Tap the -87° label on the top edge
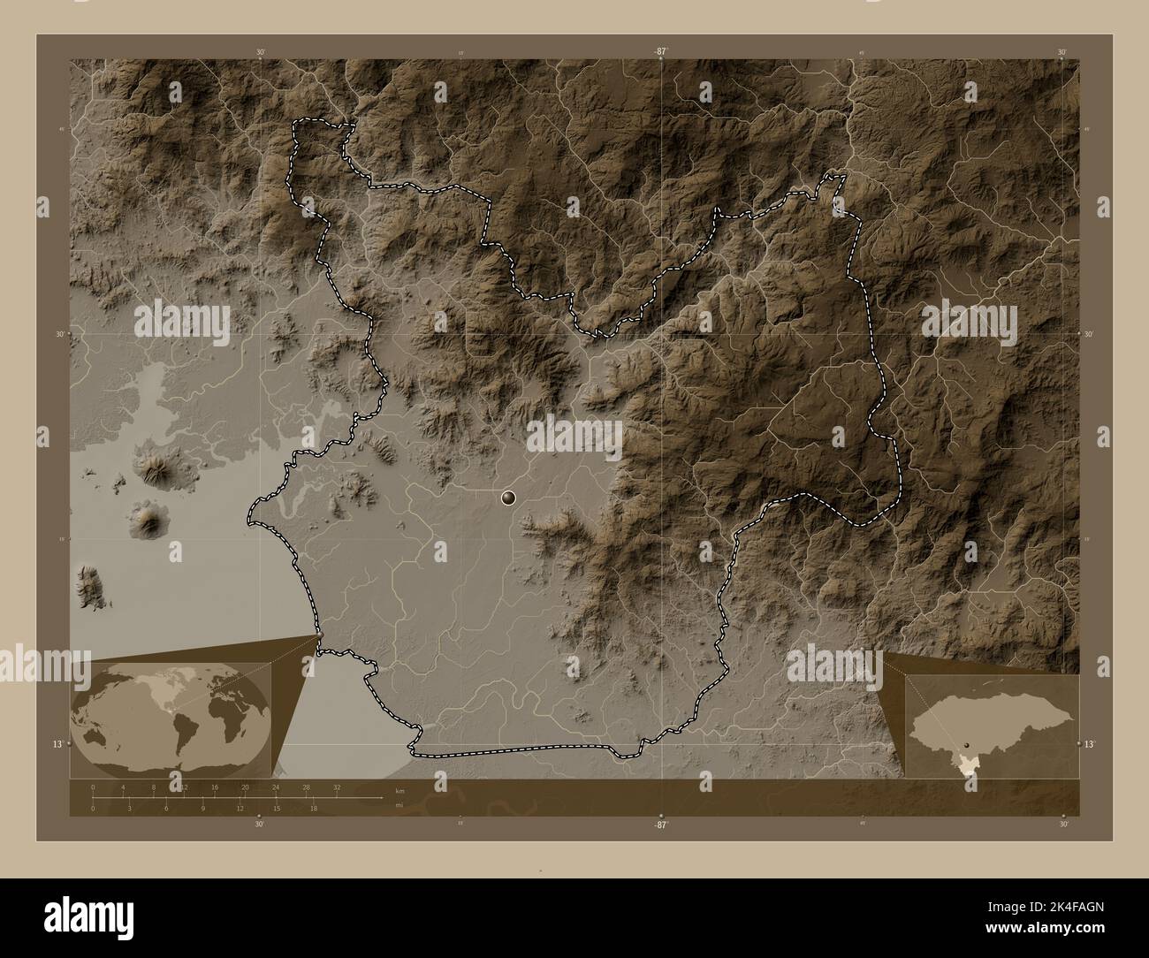[659, 52]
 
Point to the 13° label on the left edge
[57, 745]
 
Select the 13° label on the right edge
[1089, 745]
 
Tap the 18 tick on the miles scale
[313, 808]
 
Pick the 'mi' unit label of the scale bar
[399, 804]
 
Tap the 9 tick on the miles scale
[202, 808]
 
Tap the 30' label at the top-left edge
[260, 52]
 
